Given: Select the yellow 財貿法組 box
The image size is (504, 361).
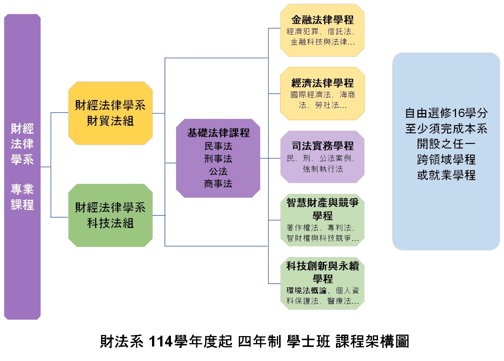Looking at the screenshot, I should pyautogui.click(x=110, y=113).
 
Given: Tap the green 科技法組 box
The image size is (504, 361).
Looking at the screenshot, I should pyautogui.click(x=110, y=215).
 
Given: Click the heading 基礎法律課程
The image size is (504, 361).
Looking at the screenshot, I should pyautogui.click(x=218, y=133).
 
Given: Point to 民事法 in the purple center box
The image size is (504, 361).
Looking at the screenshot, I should pyautogui.click(x=218, y=146).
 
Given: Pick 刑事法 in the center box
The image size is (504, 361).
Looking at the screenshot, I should pyautogui.click(x=218, y=159).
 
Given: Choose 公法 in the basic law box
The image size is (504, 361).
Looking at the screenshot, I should pyautogui.click(x=218, y=171).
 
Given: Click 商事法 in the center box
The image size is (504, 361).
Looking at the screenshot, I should pyautogui.click(x=218, y=184).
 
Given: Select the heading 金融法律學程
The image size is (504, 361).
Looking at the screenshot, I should pyautogui.click(x=322, y=20).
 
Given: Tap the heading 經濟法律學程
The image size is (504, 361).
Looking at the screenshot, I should pyautogui.click(x=322, y=83).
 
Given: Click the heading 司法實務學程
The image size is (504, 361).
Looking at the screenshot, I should pyautogui.click(x=322, y=146).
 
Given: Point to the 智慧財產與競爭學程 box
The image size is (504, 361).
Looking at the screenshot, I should pyautogui.click(x=322, y=220).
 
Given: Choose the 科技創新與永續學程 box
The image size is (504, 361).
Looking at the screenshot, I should pyautogui.click(x=322, y=283).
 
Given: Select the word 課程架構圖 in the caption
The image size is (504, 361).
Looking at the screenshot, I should pyautogui.click(x=372, y=341).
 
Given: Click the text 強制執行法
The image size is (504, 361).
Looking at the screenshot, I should pyautogui.click(x=323, y=169).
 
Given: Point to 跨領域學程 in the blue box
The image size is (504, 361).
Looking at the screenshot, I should pyautogui.click(x=446, y=159).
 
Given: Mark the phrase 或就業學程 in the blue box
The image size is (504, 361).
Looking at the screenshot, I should pyautogui.click(x=446, y=175).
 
